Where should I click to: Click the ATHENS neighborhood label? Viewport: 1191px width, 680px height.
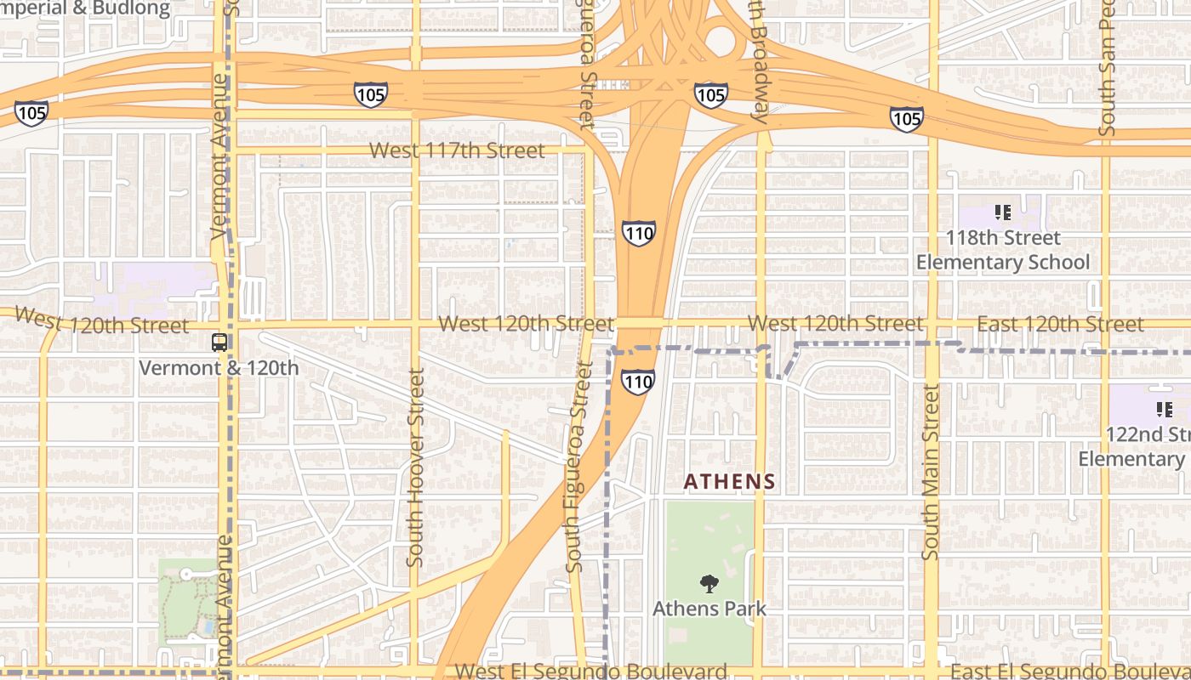tap(730, 482)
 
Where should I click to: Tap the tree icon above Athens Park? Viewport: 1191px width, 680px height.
tap(709, 584)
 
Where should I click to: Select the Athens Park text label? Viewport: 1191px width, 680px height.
tap(709, 609)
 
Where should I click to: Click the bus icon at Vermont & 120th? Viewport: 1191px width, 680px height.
tap(219, 343)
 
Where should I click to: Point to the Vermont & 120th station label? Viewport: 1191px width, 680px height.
tap(219, 368)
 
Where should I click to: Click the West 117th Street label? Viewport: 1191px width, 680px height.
tap(457, 151)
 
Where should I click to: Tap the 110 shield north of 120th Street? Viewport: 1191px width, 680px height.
tap(638, 232)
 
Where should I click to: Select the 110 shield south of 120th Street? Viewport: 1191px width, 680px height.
tap(638, 382)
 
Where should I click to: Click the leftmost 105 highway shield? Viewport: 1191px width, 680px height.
tap(31, 111)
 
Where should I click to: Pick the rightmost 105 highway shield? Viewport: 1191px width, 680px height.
tap(906, 118)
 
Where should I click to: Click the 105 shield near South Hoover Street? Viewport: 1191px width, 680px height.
tap(371, 94)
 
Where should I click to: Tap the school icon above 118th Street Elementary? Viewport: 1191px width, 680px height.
tap(1002, 212)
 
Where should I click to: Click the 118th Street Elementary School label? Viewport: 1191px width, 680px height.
tap(1002, 250)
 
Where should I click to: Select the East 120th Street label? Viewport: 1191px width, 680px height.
tap(1060, 325)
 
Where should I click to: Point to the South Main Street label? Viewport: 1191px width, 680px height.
tap(932, 472)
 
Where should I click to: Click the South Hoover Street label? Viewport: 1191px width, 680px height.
tap(415, 467)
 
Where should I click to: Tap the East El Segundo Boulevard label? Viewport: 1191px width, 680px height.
tap(1070, 671)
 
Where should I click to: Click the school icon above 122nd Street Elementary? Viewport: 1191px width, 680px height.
tap(1164, 410)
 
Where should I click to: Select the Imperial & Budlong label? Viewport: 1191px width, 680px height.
tap(85, 8)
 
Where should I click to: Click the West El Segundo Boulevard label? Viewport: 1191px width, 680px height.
tap(590, 671)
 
